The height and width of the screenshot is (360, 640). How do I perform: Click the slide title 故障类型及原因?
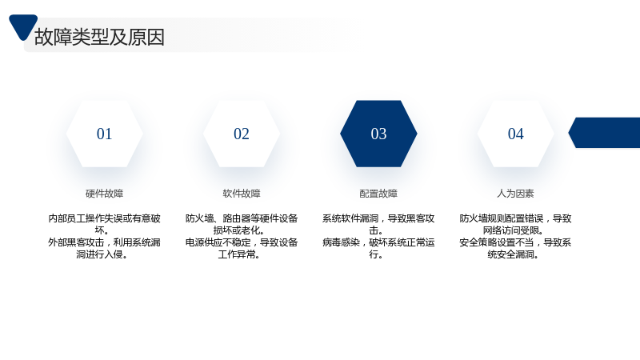pyautogui.click(x=99, y=37)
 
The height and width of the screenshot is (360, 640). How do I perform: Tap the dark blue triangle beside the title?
pyautogui.click(x=23, y=26)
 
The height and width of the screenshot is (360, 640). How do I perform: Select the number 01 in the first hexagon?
pyautogui.click(x=104, y=134)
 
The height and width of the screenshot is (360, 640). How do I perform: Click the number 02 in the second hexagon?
pyautogui.click(x=242, y=134)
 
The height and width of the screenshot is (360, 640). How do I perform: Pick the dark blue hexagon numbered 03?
pyautogui.click(x=378, y=134)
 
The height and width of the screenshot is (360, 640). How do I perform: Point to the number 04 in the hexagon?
pyautogui.click(x=515, y=134)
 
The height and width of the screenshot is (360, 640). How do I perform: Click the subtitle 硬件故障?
pyautogui.click(x=104, y=194)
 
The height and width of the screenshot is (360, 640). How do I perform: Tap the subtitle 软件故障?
pyautogui.click(x=242, y=194)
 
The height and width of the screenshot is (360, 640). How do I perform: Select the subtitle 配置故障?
pyautogui.click(x=378, y=194)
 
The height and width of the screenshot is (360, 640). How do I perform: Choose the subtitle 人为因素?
pyautogui.click(x=515, y=194)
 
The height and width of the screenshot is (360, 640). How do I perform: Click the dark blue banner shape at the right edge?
pyautogui.click(x=605, y=133)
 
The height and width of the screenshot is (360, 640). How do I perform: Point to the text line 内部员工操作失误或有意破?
pyautogui.click(x=104, y=218)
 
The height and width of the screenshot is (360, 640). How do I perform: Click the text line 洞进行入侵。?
pyautogui.click(x=102, y=254)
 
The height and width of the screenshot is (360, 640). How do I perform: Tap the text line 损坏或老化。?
pyautogui.click(x=238, y=230)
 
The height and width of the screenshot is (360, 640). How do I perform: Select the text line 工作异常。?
pyautogui.click(x=239, y=254)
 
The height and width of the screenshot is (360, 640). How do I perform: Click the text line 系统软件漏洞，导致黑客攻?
pyautogui.click(x=378, y=218)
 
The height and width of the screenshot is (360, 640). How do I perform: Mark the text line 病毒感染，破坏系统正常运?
pyautogui.click(x=378, y=242)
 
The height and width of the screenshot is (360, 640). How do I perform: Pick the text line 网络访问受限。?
pyautogui.click(x=513, y=230)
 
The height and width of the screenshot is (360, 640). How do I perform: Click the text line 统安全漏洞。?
pyautogui.click(x=513, y=254)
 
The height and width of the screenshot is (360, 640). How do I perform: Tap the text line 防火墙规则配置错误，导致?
pyautogui.click(x=515, y=218)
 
